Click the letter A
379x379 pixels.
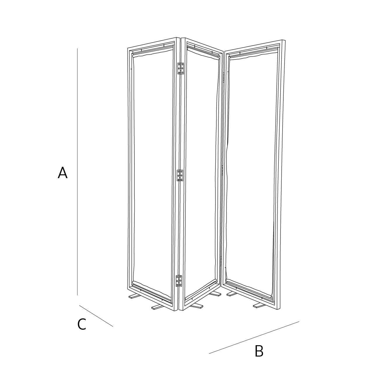63,173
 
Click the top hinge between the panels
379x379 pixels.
180,69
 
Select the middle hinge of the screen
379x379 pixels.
180,176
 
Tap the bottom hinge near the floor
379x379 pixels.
179,281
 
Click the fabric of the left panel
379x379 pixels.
153,173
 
